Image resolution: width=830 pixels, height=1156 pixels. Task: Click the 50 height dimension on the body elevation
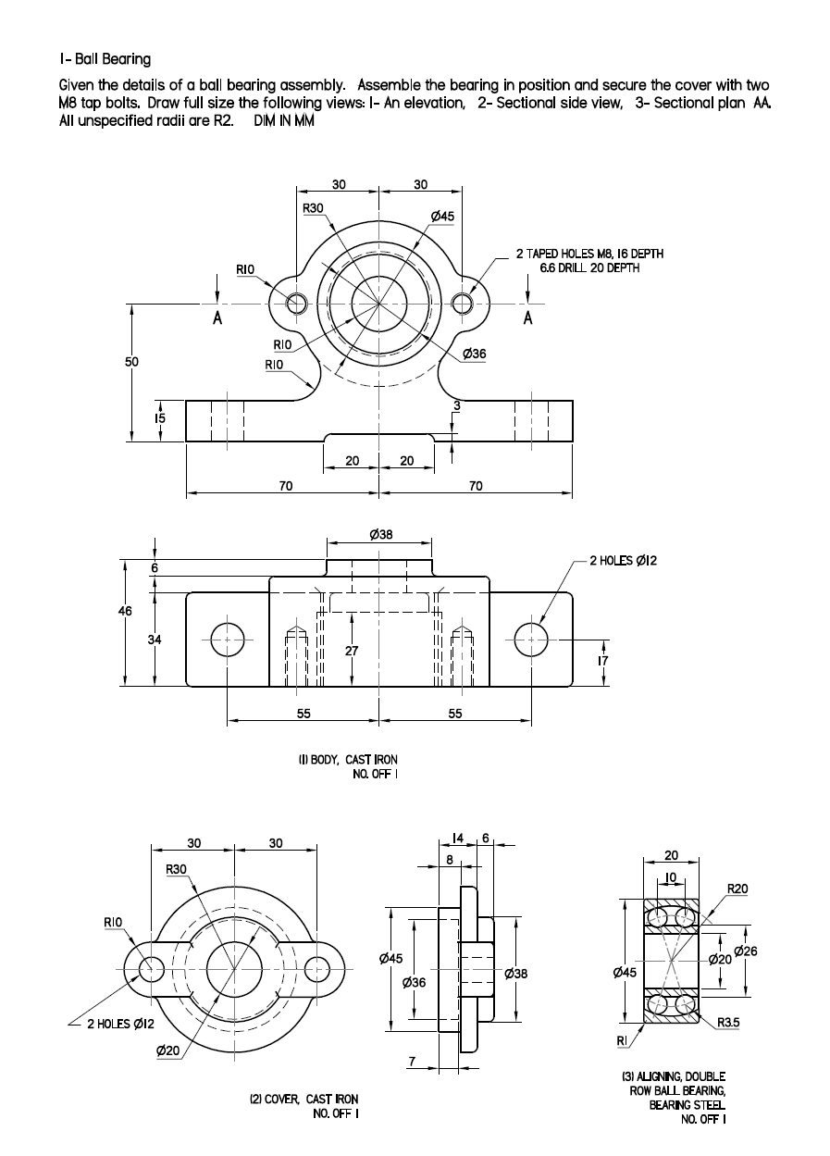(131, 362)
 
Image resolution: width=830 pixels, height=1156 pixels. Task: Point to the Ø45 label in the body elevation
(443, 216)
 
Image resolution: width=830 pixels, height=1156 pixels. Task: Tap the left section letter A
(217, 317)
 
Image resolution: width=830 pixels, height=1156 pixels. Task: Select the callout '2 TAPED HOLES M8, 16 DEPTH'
(588, 254)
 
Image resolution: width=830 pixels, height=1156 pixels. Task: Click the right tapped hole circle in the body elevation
(463, 303)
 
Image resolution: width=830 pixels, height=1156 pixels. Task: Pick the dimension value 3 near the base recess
(456, 405)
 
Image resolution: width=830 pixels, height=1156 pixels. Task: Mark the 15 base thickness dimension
(159, 419)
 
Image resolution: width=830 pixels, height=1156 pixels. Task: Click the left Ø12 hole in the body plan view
(227, 639)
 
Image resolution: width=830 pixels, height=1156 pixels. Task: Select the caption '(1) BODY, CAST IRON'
(348, 760)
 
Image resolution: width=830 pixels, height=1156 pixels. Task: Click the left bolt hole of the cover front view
(151, 968)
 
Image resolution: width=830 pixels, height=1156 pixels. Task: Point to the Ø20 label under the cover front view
(167, 1050)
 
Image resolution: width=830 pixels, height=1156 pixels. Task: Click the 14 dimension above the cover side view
(456, 839)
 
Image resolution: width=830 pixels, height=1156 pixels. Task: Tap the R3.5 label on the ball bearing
(729, 1023)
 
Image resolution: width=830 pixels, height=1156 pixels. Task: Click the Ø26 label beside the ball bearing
(746, 951)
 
